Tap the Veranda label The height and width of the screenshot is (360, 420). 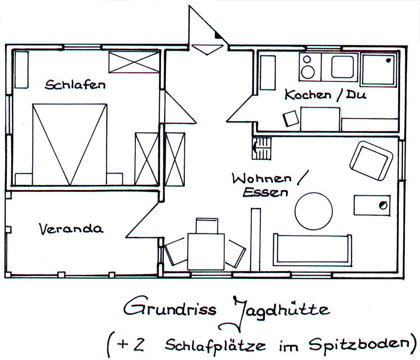point(70,229)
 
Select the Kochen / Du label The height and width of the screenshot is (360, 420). point(325,95)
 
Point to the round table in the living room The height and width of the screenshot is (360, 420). point(314,211)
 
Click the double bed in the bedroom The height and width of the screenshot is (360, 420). point(70,144)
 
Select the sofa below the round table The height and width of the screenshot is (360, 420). point(313,250)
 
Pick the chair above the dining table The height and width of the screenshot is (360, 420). point(207,226)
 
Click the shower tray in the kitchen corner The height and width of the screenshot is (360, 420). point(378,70)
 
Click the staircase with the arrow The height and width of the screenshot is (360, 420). point(261,148)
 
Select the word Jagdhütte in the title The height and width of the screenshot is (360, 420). point(280,310)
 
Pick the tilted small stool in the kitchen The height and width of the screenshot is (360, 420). point(291,118)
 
